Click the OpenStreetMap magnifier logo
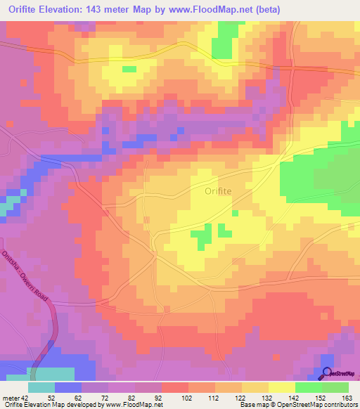328,374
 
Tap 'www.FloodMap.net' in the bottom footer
133,405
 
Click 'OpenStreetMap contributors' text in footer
319,405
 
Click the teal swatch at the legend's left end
41,387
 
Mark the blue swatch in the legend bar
68,387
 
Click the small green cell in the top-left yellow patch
129,69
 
